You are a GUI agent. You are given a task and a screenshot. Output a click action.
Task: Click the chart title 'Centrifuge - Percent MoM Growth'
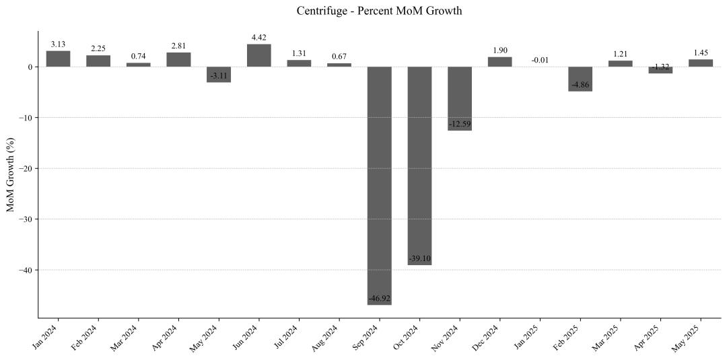click(379, 11)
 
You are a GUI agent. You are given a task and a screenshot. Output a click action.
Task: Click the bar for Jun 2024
click(259, 55)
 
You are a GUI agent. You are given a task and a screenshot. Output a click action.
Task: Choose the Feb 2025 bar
click(580, 79)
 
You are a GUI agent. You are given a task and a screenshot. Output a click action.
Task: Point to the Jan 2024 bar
click(59, 59)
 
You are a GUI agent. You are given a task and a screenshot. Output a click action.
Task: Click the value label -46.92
click(380, 297)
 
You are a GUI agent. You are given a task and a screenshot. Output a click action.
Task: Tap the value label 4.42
click(259, 38)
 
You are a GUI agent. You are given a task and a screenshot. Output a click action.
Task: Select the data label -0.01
click(540, 60)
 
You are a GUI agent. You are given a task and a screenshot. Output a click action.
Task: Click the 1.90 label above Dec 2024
click(500, 50)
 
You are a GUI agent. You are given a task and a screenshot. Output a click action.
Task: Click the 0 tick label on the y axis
click(30, 67)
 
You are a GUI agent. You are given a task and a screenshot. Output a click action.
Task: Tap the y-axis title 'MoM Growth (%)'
click(11, 175)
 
